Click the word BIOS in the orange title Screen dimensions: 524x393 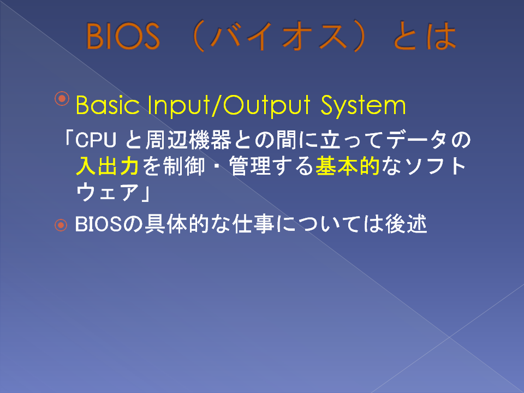(123, 36)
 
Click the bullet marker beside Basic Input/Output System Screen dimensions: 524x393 (62, 98)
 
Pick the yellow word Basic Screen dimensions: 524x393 (108, 105)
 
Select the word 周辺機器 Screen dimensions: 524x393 (188, 140)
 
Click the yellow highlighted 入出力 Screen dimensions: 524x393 (108, 166)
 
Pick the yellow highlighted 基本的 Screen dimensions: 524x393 (348, 166)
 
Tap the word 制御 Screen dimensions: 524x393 (184, 166)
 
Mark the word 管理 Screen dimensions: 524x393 (250, 166)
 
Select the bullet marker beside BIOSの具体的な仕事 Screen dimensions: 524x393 (61, 225)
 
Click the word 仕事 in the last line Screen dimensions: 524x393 (253, 224)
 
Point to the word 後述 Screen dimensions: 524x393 (406, 224)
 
